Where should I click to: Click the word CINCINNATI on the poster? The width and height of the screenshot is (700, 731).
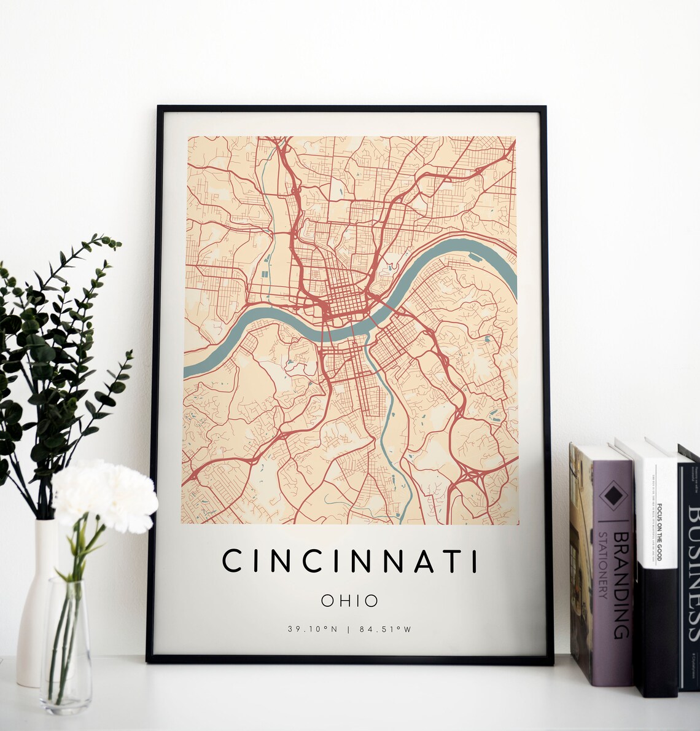tap(349, 561)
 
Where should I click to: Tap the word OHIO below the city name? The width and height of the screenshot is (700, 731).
tap(350, 600)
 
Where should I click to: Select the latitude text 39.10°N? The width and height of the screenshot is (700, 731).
tap(309, 629)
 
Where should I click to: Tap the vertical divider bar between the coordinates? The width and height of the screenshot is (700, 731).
tap(349, 629)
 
